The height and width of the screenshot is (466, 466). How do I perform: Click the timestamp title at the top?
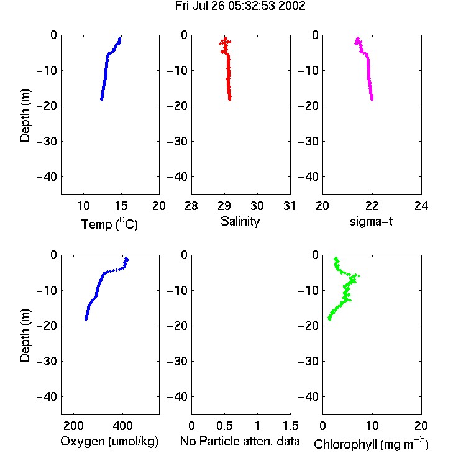point(240,6)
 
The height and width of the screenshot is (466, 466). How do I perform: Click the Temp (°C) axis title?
point(109,224)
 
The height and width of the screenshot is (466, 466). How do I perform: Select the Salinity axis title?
point(240,221)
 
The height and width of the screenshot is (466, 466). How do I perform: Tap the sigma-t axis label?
point(371,221)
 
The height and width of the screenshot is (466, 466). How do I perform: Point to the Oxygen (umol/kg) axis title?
point(109,441)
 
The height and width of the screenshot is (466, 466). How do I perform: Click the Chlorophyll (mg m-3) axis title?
point(371,443)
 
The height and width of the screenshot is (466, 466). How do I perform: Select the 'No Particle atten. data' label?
point(240,441)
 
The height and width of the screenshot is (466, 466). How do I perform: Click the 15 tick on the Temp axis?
point(121,206)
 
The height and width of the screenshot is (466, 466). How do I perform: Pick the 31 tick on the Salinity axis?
point(290,206)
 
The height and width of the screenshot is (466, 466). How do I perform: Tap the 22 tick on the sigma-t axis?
point(372,206)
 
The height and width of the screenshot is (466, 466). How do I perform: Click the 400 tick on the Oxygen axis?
point(122,426)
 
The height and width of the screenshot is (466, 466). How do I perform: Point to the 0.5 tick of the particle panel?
point(224,426)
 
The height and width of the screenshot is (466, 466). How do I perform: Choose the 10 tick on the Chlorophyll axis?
point(372,426)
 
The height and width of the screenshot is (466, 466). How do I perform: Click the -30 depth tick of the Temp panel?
point(47,141)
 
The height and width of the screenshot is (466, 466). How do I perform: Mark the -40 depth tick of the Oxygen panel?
point(47,396)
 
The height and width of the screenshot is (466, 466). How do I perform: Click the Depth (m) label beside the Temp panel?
point(25,116)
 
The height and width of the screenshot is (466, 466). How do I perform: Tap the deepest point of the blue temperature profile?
point(101,99)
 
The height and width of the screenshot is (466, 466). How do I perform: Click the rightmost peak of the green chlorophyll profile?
point(359,276)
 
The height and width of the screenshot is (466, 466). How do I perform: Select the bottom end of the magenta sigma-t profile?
point(372,99)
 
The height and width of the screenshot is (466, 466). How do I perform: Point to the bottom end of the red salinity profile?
point(230,99)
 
